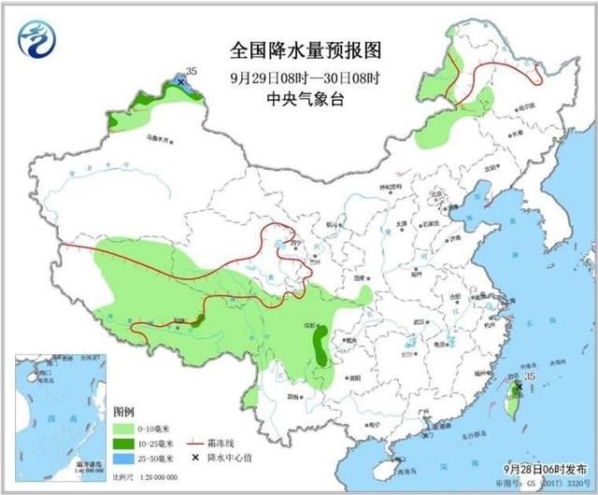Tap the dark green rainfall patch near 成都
[x=320, y=345]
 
